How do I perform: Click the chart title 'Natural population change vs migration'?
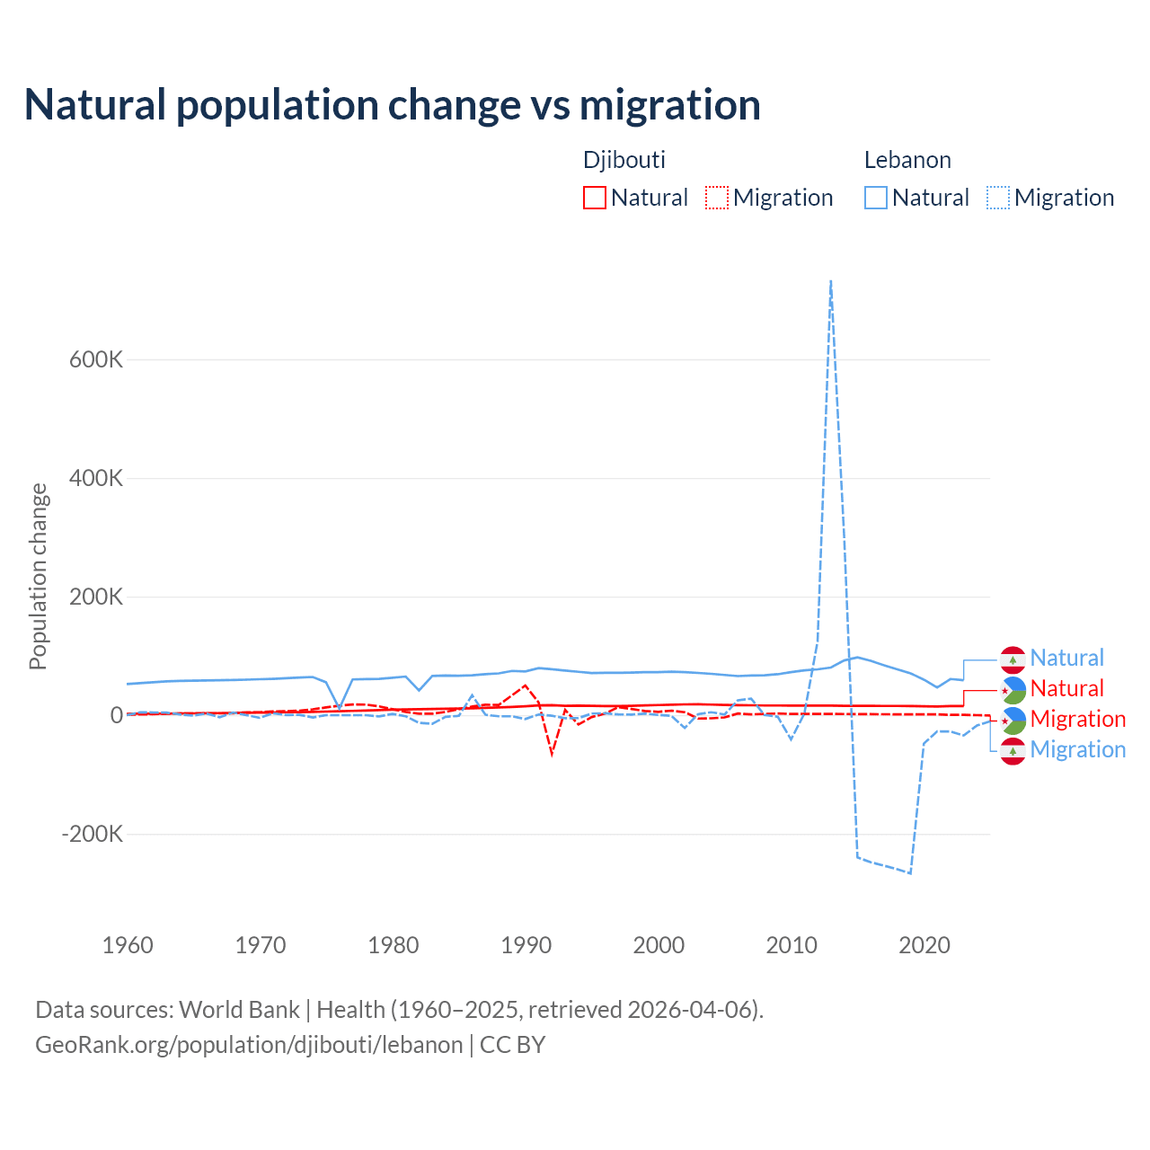coord(392,104)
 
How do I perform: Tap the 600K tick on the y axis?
coord(96,359)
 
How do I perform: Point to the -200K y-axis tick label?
coord(92,834)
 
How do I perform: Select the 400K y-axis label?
coord(96,478)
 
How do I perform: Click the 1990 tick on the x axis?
coord(526,945)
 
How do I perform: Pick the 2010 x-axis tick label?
coord(792,945)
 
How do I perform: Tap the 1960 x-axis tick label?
coord(128,945)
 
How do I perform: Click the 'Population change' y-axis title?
coord(38,576)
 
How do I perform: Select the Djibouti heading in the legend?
coord(624,160)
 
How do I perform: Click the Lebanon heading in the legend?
coord(907,160)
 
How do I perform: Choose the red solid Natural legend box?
coord(595,198)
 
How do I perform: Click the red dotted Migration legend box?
coord(717,198)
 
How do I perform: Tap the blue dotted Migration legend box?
coord(998,198)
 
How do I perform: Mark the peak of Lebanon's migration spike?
coord(831,281)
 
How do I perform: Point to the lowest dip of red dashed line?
coord(552,753)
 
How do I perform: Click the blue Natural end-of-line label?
coord(1066,658)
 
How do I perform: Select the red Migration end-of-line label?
coord(1077,719)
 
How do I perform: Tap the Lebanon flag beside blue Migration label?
coord(1013,750)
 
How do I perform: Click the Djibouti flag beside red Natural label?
coord(1013,689)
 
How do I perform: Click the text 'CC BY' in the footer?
coord(512,1045)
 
